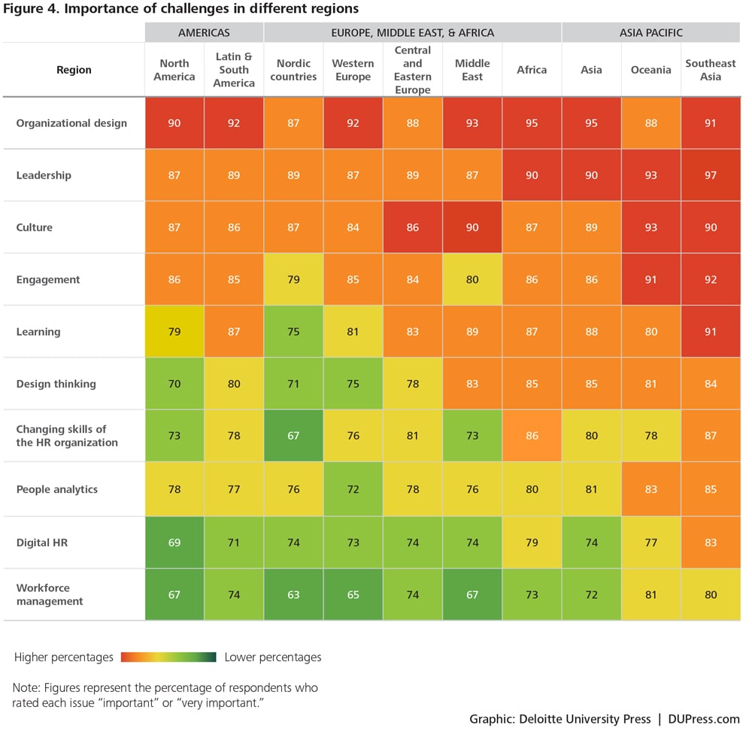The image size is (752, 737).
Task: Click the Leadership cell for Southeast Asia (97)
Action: click(711, 175)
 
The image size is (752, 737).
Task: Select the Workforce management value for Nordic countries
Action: click(293, 594)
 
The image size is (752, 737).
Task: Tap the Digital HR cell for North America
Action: click(174, 542)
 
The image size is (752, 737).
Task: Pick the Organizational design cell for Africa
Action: click(532, 123)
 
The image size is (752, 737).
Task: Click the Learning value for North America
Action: click(174, 332)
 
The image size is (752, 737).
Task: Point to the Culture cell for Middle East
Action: click(472, 228)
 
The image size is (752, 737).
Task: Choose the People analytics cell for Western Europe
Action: click(353, 489)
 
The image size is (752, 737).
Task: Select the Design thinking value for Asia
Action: click(591, 384)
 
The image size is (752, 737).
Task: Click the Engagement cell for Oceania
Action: click(650, 279)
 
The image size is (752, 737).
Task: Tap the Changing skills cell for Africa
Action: click(532, 436)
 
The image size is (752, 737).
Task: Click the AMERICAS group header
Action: click(204, 32)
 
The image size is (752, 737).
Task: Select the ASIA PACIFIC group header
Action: click(650, 32)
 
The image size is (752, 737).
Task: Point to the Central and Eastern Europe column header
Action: click(412, 70)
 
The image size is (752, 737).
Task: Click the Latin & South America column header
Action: click(234, 70)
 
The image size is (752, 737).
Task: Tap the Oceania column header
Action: click(650, 70)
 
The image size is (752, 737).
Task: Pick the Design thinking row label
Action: click(56, 384)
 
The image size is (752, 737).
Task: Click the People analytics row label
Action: click(57, 489)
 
